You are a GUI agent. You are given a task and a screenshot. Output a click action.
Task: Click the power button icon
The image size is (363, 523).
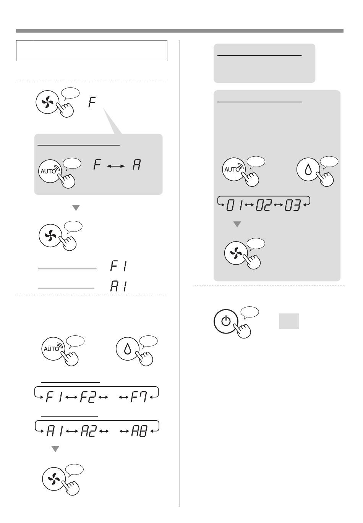(226, 321)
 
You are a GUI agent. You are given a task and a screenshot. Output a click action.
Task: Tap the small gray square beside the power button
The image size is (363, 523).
(289, 321)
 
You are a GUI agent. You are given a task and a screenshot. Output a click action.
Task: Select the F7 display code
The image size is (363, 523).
(139, 397)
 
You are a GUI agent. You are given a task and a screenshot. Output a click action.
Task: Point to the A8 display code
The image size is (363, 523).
(139, 431)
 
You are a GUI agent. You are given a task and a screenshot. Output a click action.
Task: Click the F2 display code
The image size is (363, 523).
(88, 397)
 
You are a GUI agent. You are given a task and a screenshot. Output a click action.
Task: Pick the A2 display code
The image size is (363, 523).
(89, 431)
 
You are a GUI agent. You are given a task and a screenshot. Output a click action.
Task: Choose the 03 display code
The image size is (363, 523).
(292, 205)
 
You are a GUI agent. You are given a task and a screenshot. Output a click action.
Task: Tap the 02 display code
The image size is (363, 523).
(264, 205)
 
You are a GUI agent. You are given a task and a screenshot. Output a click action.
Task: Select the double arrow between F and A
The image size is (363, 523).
(116, 166)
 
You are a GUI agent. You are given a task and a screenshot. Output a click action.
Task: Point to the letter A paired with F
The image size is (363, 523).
(137, 164)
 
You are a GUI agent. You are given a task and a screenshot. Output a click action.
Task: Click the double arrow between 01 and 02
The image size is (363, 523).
(250, 205)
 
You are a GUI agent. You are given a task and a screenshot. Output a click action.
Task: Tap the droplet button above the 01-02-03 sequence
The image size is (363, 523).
(308, 169)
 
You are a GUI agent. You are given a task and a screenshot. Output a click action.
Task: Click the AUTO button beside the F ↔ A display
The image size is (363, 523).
(50, 171)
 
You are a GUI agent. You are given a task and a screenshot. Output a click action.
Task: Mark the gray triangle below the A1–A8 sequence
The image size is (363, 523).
(55, 449)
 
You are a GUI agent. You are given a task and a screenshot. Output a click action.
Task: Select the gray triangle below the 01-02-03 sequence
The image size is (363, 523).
(237, 224)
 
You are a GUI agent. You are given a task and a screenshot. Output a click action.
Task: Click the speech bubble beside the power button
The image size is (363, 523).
(250, 313)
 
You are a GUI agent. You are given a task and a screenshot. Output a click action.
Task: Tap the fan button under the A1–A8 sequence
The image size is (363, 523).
(54, 479)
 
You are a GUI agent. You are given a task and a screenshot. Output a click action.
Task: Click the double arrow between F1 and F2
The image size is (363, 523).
(71, 397)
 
